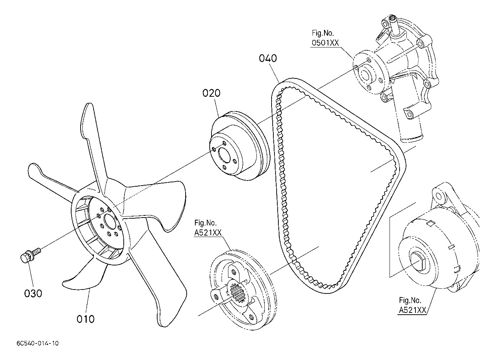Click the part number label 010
(86, 319)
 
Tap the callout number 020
(211, 93)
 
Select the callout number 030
(33, 293)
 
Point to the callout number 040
(268, 58)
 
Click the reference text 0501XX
(325, 43)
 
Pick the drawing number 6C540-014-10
(38, 343)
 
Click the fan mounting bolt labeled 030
(30, 255)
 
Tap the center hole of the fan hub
(110, 222)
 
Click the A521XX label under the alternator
(413, 310)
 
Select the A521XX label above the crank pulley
(208, 233)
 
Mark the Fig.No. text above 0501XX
(323, 33)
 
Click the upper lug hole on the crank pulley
(234, 272)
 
